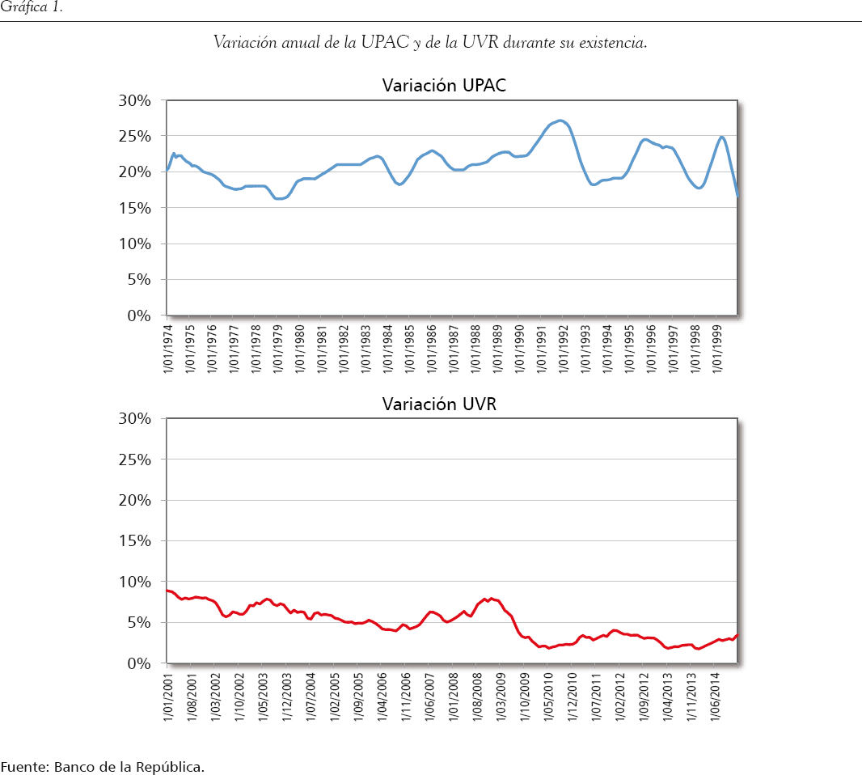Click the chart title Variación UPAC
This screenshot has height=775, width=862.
444,86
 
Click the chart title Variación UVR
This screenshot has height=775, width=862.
439,404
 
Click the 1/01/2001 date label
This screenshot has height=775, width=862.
168,694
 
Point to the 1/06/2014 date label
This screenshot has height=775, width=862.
714,694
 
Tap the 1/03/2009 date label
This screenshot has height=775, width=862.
500,694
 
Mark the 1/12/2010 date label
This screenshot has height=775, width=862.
571,694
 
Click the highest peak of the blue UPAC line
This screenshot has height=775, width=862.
560,121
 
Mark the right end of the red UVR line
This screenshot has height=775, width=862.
737,636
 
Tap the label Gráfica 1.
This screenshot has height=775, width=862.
21,7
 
